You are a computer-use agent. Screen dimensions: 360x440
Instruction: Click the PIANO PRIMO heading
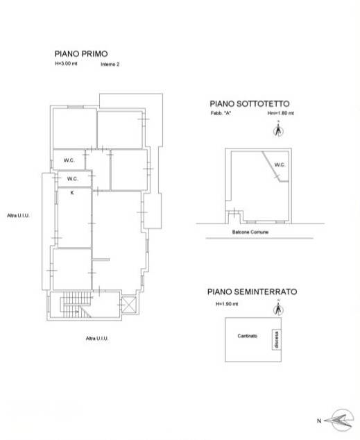81,53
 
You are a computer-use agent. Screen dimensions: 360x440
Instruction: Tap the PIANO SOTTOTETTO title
250,104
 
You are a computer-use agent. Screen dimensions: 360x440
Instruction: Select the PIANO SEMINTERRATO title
252,292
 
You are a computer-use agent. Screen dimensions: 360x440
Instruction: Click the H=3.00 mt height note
66,63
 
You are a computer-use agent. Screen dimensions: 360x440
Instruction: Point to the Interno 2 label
110,65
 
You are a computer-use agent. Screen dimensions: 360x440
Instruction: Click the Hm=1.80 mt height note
281,113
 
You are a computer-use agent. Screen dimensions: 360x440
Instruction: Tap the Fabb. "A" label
221,113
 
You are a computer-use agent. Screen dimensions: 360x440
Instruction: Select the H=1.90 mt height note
227,303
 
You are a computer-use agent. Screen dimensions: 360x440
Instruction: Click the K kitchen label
72,193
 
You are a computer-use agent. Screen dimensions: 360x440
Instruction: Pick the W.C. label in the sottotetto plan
280,164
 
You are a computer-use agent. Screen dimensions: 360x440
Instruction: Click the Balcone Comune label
250,232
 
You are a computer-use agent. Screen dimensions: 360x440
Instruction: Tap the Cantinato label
248,336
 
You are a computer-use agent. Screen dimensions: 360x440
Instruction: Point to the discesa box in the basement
277,339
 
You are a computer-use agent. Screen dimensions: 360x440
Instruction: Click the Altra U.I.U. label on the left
18,216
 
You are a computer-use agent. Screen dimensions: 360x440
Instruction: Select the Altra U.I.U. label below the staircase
97,339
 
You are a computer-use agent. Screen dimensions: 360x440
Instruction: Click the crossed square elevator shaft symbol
129,305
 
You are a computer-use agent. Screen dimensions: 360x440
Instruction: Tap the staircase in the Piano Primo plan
76,305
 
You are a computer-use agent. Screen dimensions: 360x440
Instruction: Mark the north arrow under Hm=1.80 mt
278,130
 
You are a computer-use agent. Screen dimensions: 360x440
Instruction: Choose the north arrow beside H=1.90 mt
278,308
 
